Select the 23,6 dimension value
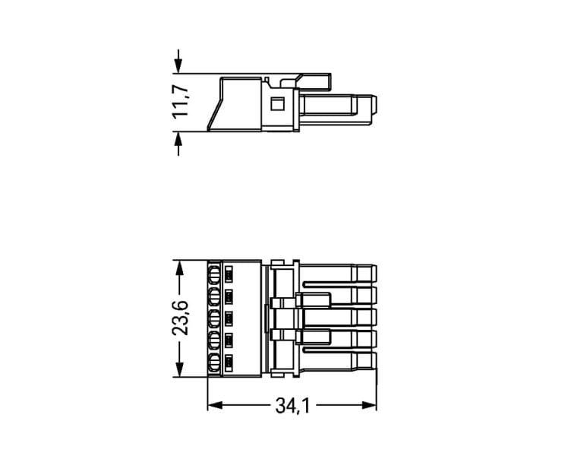[180, 318]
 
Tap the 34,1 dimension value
[292, 405]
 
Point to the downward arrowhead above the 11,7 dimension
[178, 65]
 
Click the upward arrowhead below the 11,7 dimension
[178, 139]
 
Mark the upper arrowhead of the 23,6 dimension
[179, 268]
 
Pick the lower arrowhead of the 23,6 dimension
[179, 369]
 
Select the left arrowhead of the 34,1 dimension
[215, 405]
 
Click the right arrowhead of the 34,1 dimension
[369, 405]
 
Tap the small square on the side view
[277, 103]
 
